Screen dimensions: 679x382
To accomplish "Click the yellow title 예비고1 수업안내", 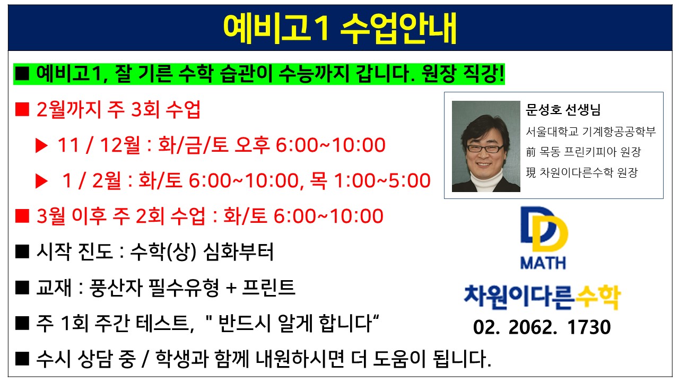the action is tap(339, 28).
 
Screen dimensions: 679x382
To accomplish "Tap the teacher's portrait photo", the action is tap(486, 146).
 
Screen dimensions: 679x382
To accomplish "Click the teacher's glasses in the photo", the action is tap(484, 148).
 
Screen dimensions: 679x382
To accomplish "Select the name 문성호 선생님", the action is tap(563, 110).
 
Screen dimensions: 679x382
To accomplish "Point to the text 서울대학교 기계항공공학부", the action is tap(590, 132).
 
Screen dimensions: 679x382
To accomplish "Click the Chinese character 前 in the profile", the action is tap(531, 152).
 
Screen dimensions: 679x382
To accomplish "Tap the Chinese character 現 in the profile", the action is tap(531, 172).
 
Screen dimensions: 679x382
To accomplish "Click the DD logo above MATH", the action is tap(544, 230).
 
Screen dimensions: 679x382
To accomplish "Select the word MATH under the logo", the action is tap(543, 263).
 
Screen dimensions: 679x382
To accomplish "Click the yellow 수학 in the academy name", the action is tap(598, 297).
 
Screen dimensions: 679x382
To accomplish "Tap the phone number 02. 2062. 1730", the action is tap(542, 327).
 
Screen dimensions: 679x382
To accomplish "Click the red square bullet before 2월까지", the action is tap(22, 109).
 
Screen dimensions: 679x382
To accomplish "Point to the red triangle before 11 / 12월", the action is tap(41, 145).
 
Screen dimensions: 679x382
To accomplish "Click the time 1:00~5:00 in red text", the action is tap(382, 181).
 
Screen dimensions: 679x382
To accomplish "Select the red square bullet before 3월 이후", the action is tap(22, 216).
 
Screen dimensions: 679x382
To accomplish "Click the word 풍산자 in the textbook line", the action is tap(116, 288).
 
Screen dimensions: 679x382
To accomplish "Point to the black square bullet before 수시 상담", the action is tap(22, 359).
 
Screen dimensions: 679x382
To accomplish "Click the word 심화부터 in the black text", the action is tap(238, 252).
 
